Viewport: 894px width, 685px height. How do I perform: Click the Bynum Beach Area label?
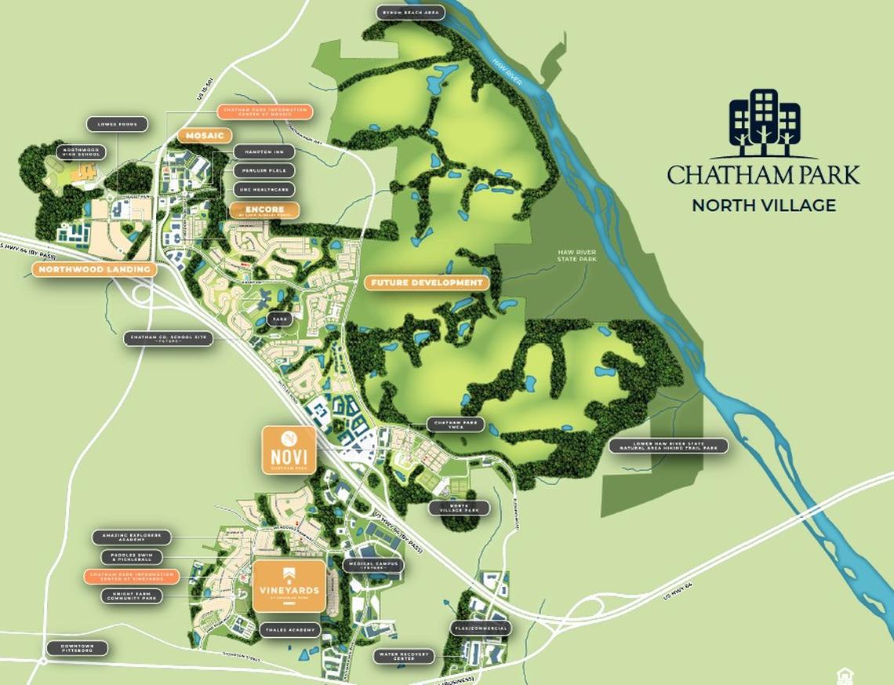411,13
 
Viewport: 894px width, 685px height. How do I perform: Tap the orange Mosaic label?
205,136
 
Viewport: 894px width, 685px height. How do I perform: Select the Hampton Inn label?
263,151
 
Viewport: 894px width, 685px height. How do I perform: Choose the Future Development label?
427,282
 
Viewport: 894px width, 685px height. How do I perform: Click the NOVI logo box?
289,450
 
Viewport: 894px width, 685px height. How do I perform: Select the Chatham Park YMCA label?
456,424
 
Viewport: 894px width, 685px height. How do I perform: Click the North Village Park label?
459,508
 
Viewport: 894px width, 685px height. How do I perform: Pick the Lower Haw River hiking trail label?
668,446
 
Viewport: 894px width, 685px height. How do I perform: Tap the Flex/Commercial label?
480,629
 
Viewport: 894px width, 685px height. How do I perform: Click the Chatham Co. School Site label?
168,339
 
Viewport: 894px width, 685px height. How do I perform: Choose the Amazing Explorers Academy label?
131,537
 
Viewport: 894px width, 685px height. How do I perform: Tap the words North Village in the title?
763,206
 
